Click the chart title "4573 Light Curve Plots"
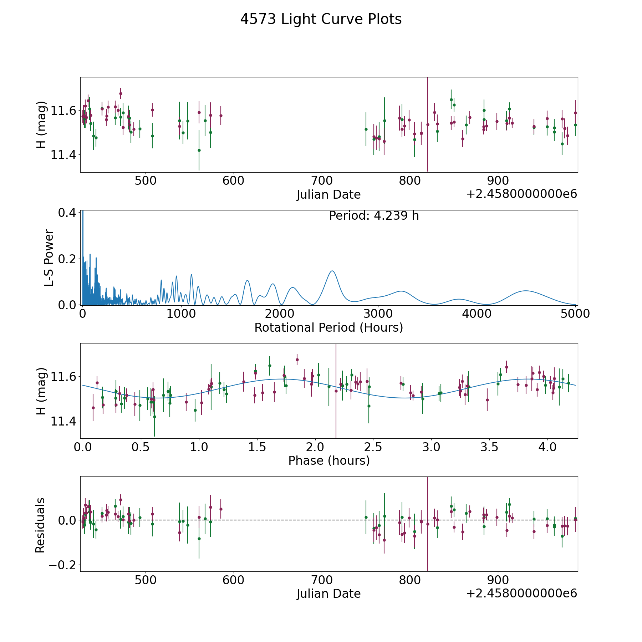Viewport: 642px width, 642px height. point(321,19)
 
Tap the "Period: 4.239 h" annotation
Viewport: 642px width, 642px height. point(374,216)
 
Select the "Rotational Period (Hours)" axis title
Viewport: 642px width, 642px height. point(328,327)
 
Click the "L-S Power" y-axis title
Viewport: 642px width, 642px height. point(49,258)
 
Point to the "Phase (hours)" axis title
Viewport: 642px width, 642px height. point(329,461)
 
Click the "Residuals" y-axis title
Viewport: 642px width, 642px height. point(40,525)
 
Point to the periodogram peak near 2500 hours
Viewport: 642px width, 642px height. point(332,271)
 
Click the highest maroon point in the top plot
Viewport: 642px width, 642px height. point(121,93)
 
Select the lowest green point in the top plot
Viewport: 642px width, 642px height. point(199,150)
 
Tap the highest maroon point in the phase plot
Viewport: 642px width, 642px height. point(297,360)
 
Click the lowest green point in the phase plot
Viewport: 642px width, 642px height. point(154,417)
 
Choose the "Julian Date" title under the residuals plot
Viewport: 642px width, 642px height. point(328,594)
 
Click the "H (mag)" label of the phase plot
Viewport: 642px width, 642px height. point(41,391)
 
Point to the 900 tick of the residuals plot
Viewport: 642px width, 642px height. point(498,580)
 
